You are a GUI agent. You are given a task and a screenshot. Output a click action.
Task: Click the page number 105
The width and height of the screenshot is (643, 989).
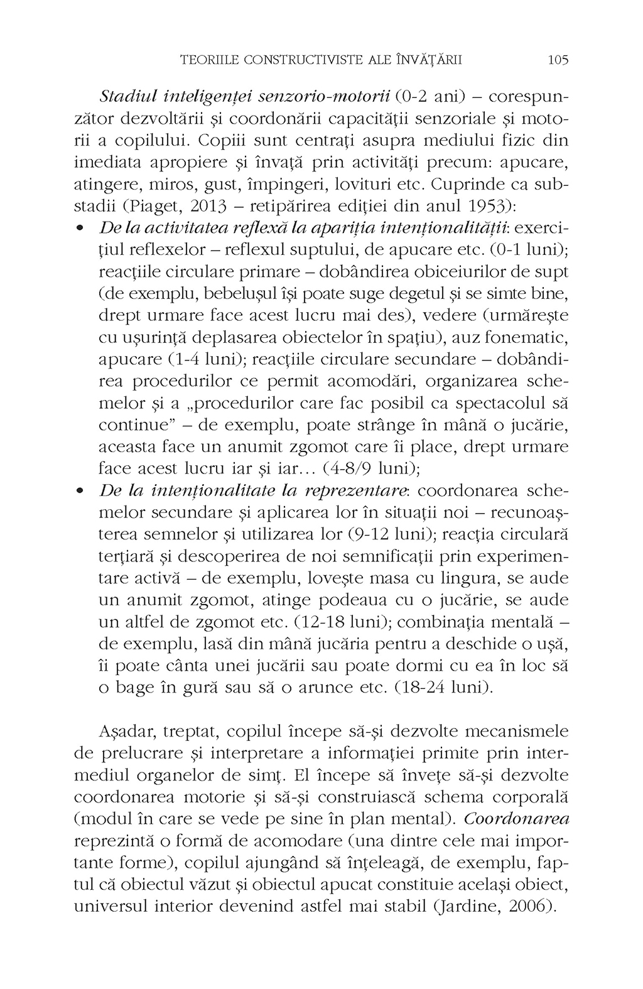tap(558, 60)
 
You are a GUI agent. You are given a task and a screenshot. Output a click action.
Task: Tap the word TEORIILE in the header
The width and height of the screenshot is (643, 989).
tap(208, 60)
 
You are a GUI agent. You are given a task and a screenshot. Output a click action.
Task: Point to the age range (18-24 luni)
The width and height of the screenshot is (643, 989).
tap(445, 688)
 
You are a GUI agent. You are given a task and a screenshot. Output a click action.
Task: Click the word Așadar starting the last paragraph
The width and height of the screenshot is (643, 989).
tap(127, 732)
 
